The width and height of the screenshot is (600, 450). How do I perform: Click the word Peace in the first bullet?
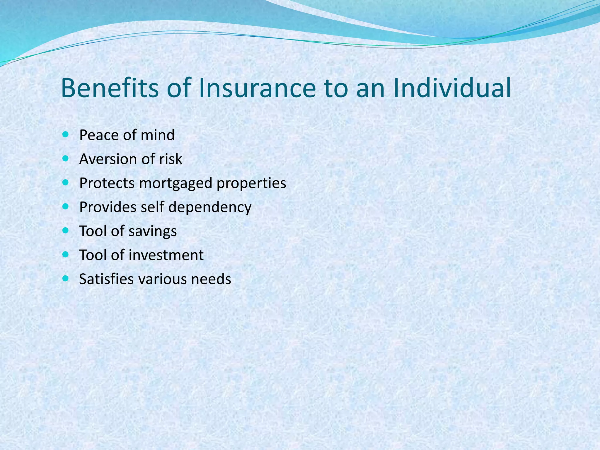pyautogui.click(x=99, y=135)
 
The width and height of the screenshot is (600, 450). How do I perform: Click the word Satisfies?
pyautogui.click(x=107, y=279)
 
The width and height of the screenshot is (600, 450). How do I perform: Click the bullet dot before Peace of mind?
pyautogui.click(x=65, y=134)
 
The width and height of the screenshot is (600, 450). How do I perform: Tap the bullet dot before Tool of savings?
pyautogui.click(x=65, y=231)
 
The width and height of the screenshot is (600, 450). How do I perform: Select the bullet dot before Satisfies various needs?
pyautogui.click(x=65, y=278)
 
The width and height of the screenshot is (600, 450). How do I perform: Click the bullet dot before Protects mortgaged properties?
pyautogui.click(x=65, y=183)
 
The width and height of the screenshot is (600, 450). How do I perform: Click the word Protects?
pyautogui.click(x=107, y=183)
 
